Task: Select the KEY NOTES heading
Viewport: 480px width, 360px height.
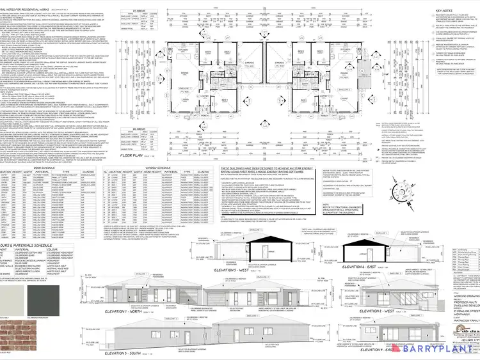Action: [x=445, y=11]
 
